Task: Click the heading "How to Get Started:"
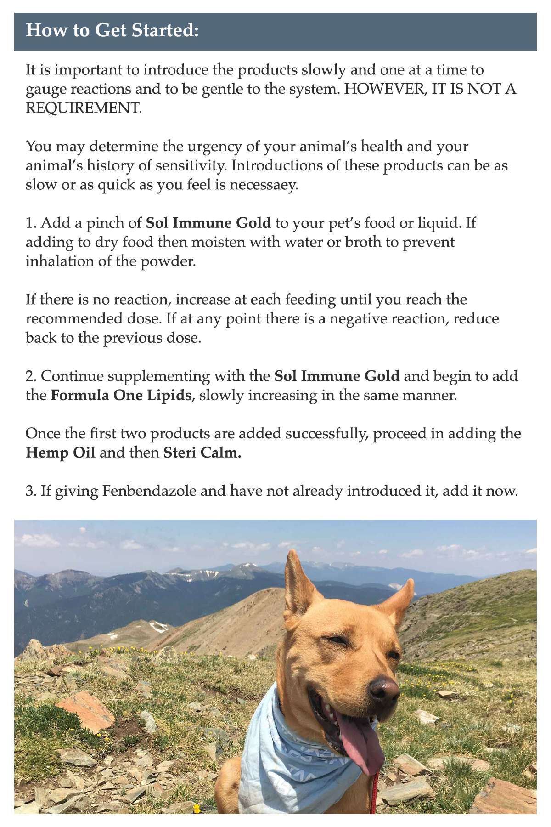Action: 112,31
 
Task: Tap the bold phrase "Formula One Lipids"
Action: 121,396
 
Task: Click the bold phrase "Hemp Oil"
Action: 61,453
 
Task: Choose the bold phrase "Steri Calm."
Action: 202,453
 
